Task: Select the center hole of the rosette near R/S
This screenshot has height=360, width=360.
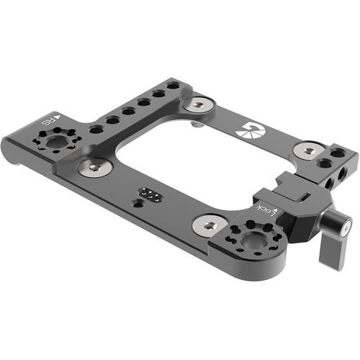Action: [x=56, y=141]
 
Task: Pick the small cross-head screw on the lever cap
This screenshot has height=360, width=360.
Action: [x=346, y=230]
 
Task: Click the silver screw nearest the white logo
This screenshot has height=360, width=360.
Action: [x=308, y=150]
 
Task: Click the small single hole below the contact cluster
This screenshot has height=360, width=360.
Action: [x=136, y=204]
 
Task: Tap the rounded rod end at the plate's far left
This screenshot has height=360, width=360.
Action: [x=9, y=151]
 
